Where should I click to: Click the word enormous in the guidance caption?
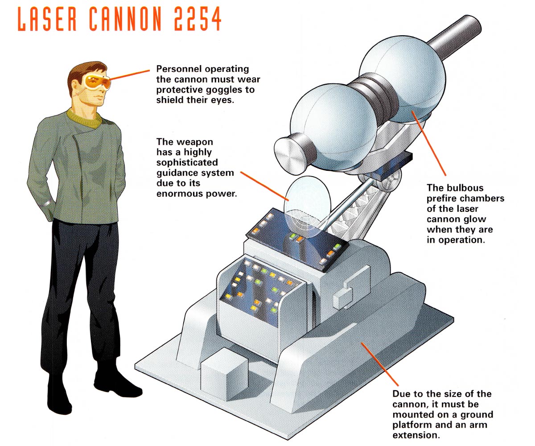(179, 194)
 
